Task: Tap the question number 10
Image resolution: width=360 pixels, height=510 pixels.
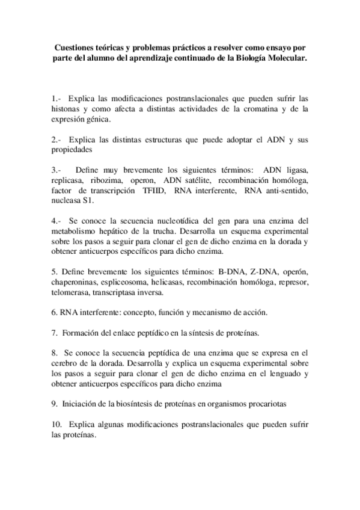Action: point(58,426)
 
